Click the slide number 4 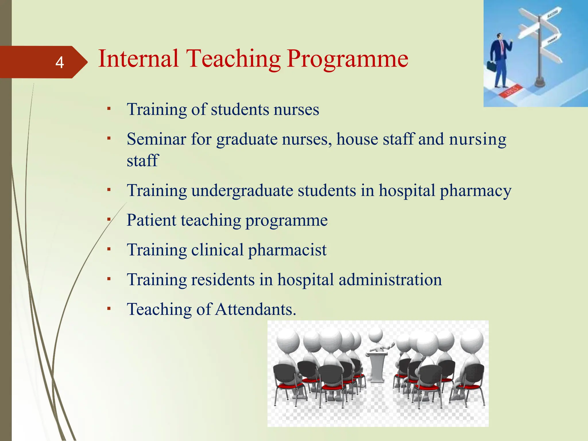point(59,62)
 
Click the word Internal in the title point(138,59)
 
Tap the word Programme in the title point(347,59)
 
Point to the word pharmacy point(475,191)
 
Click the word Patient point(151,220)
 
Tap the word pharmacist point(287,250)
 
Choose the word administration point(390,280)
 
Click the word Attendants point(256,310)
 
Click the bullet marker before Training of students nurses point(109,109)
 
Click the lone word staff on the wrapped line point(142,160)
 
